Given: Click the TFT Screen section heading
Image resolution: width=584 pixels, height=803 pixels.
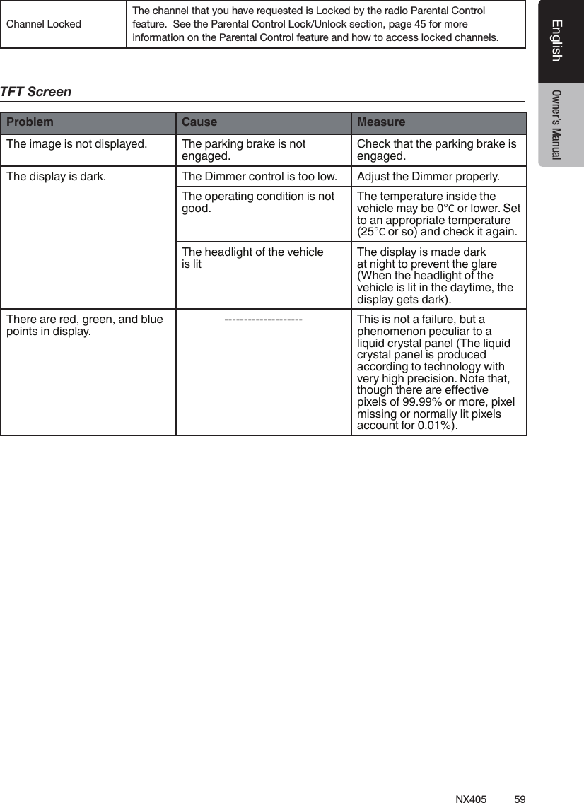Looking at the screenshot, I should click(36, 92).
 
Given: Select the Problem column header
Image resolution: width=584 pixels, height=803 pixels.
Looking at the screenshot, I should click(30, 122).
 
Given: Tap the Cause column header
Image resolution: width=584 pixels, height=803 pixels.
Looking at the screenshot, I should click(199, 122).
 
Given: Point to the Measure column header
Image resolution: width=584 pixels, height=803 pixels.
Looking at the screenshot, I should click(381, 122).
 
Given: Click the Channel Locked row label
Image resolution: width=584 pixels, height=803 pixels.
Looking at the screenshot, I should click(44, 24).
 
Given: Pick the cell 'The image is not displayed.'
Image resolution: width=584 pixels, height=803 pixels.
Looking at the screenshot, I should click(76, 144).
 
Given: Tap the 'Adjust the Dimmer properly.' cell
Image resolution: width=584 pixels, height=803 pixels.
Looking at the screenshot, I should click(428, 176).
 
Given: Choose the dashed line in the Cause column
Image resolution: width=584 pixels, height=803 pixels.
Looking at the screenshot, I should click(263, 320).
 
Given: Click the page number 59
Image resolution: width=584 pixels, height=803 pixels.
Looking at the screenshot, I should click(520, 799).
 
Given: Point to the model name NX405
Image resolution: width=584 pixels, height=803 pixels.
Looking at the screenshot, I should click(471, 799).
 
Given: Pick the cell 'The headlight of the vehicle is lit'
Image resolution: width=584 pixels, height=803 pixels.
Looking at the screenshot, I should click(252, 258).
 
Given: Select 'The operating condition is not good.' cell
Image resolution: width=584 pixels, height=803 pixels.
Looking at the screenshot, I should click(258, 202).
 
